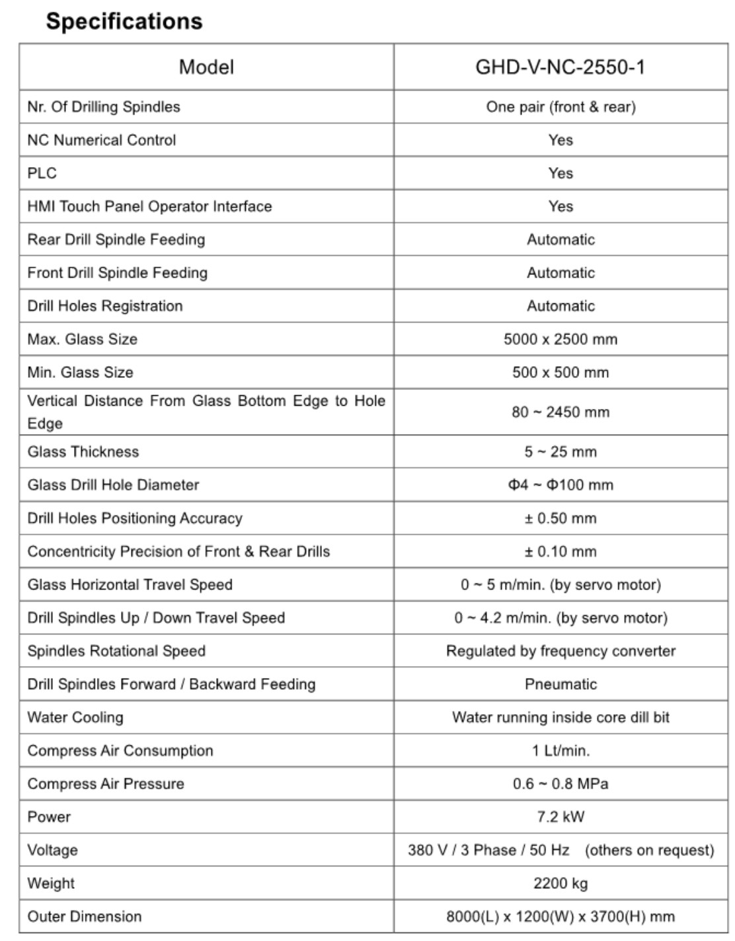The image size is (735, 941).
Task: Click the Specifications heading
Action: click(x=124, y=21)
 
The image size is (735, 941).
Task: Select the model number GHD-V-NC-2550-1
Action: click(x=560, y=67)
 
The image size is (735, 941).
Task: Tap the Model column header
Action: click(x=206, y=67)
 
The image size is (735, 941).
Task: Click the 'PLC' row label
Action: click(x=42, y=173)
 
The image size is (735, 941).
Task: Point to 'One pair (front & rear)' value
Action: click(x=561, y=107)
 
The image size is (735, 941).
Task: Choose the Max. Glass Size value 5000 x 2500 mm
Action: click(x=561, y=339)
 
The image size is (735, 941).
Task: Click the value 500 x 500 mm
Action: click(x=561, y=372)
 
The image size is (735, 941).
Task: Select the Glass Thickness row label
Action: click(x=83, y=452)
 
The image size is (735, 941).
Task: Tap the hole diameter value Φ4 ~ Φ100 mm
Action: click(x=561, y=485)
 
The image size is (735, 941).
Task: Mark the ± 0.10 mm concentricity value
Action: click(x=561, y=551)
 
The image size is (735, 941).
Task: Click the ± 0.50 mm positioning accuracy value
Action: click(x=561, y=518)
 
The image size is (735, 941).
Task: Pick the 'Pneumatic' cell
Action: click(x=561, y=684)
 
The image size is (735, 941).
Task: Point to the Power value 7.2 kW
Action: click(x=561, y=817)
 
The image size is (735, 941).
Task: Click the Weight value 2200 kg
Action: click(x=561, y=883)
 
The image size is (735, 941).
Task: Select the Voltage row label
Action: click(x=52, y=850)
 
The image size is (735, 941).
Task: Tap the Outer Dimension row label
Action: click(x=85, y=917)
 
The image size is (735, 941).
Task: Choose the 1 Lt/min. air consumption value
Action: click(x=561, y=751)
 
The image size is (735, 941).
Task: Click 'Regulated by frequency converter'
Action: click(x=561, y=651)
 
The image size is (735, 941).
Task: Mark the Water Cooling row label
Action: click(x=75, y=717)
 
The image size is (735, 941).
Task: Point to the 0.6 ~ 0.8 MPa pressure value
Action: click(x=561, y=784)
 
